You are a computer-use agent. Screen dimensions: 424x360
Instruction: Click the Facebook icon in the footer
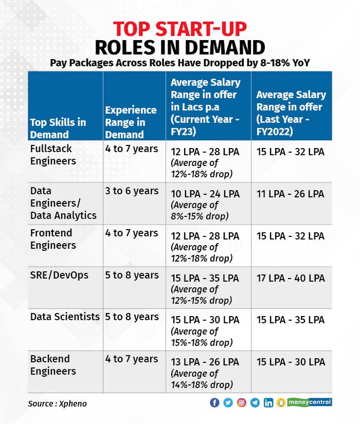(x=215, y=402)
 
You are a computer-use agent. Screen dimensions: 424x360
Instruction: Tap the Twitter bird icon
(x=228, y=402)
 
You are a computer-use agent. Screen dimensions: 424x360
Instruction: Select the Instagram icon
(x=242, y=402)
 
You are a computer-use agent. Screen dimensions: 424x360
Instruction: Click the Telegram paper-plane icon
(x=255, y=402)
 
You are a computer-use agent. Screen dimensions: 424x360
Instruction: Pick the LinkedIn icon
(x=268, y=402)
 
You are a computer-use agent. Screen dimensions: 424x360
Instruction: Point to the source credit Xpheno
(x=57, y=403)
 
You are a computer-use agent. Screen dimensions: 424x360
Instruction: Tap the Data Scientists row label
(x=65, y=317)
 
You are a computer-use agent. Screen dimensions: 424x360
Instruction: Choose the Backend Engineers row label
(x=53, y=365)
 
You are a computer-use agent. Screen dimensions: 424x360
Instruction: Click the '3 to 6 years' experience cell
(x=132, y=191)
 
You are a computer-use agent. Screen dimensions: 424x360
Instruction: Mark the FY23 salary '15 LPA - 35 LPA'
(x=205, y=278)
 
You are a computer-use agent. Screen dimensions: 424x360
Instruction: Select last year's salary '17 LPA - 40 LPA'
(x=291, y=278)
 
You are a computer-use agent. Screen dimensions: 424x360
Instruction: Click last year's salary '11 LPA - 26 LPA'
(x=291, y=194)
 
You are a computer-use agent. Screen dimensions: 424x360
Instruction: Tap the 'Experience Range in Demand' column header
(x=131, y=122)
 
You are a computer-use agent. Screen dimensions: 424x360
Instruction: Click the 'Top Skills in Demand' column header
(x=58, y=128)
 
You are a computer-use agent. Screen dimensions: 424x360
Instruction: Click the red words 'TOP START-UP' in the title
(x=179, y=29)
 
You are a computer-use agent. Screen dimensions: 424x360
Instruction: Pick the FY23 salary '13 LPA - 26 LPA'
(x=205, y=362)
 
